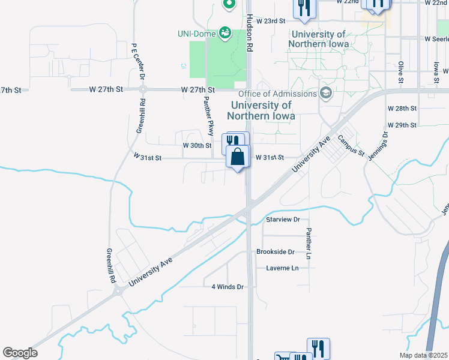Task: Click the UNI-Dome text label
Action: click(x=197, y=33)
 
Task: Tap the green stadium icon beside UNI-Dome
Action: click(x=225, y=32)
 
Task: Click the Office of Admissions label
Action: click(x=277, y=94)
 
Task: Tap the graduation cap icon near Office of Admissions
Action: click(x=326, y=93)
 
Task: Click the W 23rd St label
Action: click(x=270, y=21)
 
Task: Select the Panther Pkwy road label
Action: click(x=209, y=115)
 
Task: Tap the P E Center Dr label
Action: click(x=139, y=61)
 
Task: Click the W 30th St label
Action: click(x=197, y=146)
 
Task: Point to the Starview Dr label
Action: click(x=282, y=220)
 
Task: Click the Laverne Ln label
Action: click(x=282, y=268)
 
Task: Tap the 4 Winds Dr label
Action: click(x=228, y=287)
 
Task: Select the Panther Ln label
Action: click(x=309, y=244)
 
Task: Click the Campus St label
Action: click(x=351, y=146)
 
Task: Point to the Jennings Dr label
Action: click(x=385, y=144)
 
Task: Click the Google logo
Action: click(x=20, y=353)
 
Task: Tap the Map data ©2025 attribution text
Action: click(x=423, y=355)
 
